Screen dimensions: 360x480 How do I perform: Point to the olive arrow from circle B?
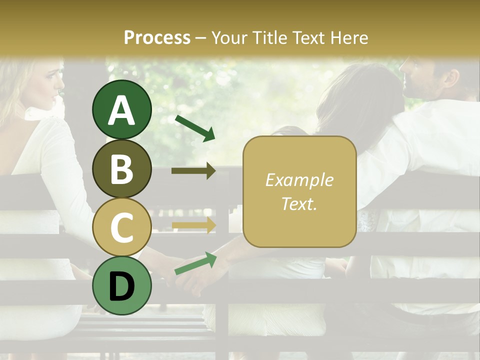[193, 171]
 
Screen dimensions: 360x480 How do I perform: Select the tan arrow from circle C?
[193, 225]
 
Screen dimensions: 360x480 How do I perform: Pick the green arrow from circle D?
[195, 263]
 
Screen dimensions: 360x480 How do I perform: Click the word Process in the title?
[157, 37]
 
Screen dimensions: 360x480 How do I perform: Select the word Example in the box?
[299, 180]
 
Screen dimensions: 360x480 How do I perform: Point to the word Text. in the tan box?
[299, 203]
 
